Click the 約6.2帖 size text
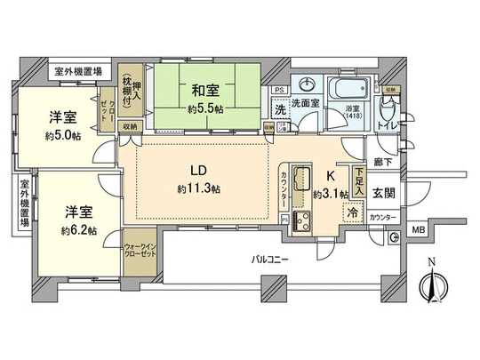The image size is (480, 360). (x=78, y=230)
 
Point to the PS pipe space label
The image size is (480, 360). (x=278, y=91)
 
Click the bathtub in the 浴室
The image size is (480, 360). (x=349, y=91)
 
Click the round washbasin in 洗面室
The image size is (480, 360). (x=308, y=85)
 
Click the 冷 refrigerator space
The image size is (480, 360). (x=354, y=214)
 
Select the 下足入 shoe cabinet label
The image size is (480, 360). (x=357, y=184)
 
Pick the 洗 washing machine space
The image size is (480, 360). (x=278, y=110)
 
